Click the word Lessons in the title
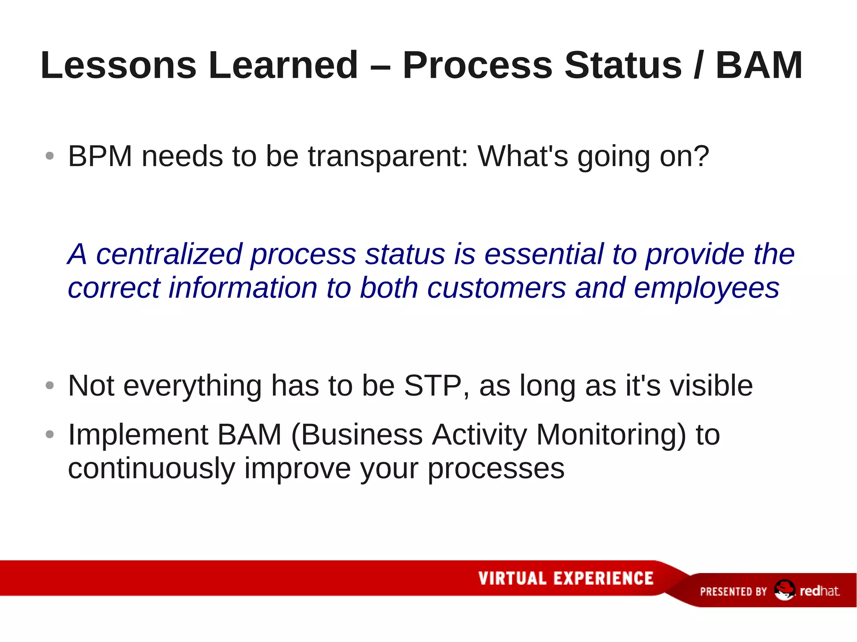click(x=118, y=65)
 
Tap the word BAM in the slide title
click(x=759, y=65)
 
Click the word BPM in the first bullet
click(x=100, y=156)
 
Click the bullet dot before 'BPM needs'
click(x=50, y=156)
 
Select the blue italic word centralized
click(x=169, y=254)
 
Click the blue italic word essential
click(x=544, y=254)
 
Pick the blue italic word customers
click(x=496, y=288)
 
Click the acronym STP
click(x=433, y=386)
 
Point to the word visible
click(x=711, y=386)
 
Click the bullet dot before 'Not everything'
click(x=50, y=386)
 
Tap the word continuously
click(x=151, y=469)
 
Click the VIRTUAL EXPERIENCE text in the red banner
click(x=566, y=578)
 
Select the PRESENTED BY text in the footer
click(x=733, y=591)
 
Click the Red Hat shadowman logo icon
click(x=784, y=590)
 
